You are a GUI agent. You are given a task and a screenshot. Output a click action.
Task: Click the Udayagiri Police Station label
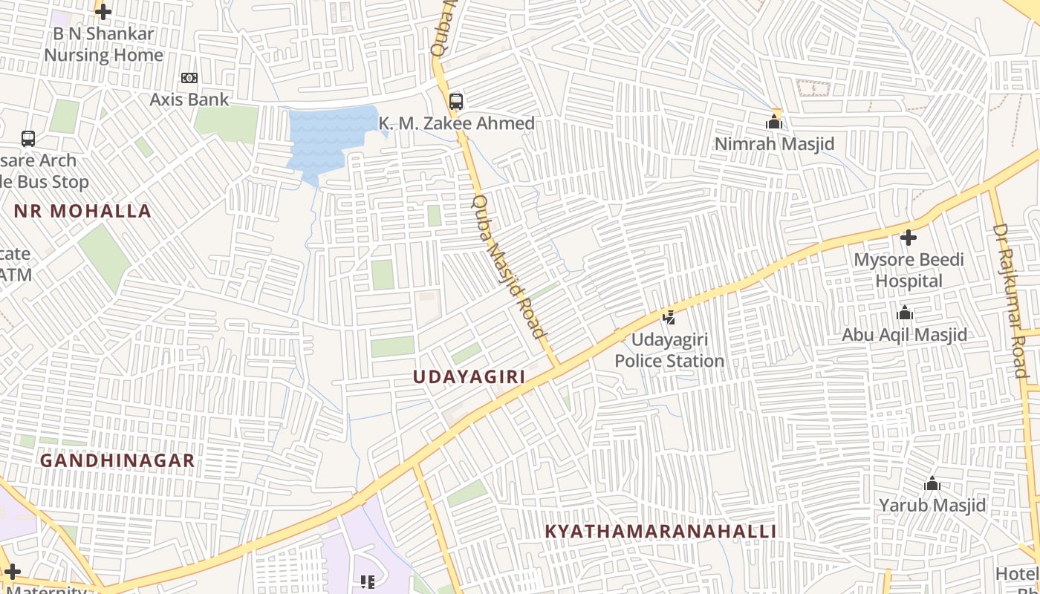point(669,350)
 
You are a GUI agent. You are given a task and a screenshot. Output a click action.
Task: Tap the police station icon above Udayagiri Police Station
point(669,318)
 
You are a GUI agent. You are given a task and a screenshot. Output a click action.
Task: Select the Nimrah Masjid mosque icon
point(774,122)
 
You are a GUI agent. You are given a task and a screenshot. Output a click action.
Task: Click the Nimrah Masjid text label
point(774,144)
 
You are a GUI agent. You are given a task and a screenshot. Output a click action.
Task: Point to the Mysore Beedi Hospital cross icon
point(908,238)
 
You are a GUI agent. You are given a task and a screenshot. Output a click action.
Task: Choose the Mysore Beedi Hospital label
point(909,270)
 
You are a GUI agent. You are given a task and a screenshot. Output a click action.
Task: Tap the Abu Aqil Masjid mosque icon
point(905,313)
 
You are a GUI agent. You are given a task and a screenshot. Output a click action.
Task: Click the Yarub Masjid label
point(932,506)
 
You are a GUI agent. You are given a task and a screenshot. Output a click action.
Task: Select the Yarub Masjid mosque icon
point(932,484)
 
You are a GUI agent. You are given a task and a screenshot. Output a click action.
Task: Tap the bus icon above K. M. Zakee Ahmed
point(456,102)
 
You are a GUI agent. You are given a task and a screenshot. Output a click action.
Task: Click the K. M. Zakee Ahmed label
point(457,123)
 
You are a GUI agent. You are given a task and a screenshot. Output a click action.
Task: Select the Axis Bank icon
point(189,78)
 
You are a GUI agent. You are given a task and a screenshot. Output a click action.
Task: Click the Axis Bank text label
point(189,99)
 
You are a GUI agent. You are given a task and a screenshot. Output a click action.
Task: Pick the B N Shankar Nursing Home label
point(103,45)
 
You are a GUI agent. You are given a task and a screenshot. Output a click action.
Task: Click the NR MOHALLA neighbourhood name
point(82,211)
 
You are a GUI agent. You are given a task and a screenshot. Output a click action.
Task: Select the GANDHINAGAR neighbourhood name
point(117,461)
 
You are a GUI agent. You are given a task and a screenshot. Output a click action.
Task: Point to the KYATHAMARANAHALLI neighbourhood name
point(660,532)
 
